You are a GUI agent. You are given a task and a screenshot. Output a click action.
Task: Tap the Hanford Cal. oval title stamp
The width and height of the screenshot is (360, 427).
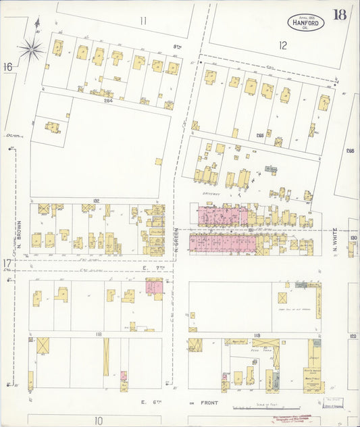(x=307, y=22)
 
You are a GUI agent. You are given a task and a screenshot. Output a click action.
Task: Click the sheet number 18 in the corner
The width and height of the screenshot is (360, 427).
(x=340, y=15)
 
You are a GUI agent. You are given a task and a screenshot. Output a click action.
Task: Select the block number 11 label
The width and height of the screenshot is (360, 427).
(x=143, y=21)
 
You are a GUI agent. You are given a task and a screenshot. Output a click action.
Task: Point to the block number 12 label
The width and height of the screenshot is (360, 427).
(x=282, y=46)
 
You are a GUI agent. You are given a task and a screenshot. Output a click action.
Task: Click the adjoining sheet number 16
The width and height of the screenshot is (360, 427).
(x=7, y=66)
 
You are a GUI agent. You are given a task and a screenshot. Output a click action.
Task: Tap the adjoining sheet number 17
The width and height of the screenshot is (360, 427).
(x=7, y=263)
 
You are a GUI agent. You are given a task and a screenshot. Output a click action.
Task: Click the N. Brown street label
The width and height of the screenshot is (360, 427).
(x=21, y=233)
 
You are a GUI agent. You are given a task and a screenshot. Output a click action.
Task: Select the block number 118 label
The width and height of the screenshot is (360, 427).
(x=98, y=334)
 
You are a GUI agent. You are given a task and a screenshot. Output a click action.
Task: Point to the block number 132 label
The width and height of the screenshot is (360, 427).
(x=97, y=201)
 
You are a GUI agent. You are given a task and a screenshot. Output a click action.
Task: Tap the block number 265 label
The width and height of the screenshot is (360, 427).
(x=260, y=136)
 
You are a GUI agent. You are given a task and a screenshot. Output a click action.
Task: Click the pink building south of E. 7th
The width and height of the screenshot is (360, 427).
(x=153, y=287)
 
